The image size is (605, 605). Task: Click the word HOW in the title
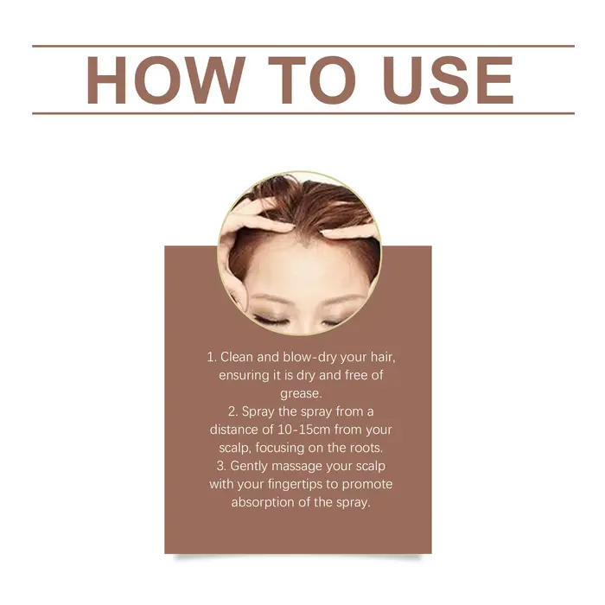(166, 80)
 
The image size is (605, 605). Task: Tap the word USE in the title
(449, 80)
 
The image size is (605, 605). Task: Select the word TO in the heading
(312, 80)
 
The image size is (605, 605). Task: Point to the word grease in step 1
(299, 394)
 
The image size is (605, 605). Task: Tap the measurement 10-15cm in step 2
(304, 430)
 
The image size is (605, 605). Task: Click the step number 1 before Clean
(211, 357)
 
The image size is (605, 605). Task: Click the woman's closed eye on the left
(270, 319)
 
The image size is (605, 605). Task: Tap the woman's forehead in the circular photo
(299, 270)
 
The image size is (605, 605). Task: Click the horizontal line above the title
(303, 46)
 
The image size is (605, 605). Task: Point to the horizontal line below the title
(303, 113)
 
